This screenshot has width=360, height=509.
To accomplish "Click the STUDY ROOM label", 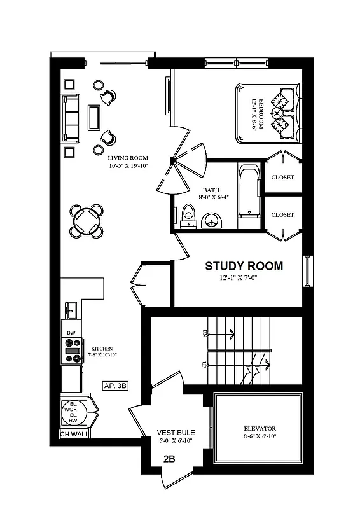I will tap(244, 266).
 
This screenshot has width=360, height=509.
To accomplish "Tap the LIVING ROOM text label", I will tap(128, 158).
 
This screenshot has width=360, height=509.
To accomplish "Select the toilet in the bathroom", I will tap(188, 215).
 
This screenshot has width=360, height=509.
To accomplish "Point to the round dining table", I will tap(86, 221).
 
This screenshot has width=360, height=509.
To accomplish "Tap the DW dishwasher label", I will tap(71, 333).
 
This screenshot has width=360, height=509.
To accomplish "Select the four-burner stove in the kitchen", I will tap(72, 351).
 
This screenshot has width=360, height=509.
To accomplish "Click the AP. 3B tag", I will tap(116, 385).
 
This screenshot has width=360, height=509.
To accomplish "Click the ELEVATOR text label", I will tap(258, 429).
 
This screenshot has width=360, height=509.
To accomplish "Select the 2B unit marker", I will tap(169, 459).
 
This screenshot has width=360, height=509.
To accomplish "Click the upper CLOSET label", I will tap(282, 178).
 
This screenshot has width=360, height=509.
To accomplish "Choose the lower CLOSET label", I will tap(282, 215).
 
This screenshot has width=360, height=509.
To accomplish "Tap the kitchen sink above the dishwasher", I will tap(71, 311).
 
